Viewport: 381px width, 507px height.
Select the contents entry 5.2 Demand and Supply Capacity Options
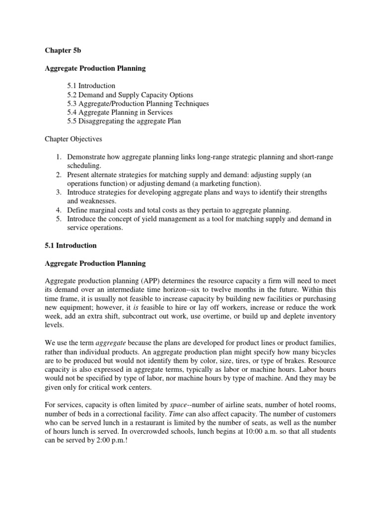click(130, 95)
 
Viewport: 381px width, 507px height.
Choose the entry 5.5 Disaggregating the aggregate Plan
click(124, 121)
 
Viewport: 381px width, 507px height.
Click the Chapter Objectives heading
click(74, 139)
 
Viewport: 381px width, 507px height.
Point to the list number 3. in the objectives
click(58, 192)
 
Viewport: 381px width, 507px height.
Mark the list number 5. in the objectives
click(58, 219)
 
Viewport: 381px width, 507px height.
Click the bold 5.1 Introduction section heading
click(71, 246)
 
